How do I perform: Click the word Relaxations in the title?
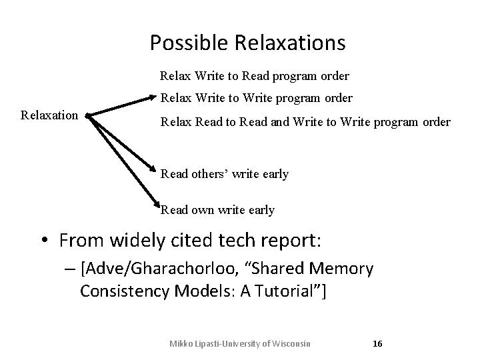(x=290, y=43)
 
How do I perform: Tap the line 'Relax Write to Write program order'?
(x=256, y=98)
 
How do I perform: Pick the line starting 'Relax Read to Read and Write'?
(x=305, y=122)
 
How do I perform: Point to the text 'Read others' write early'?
(x=224, y=174)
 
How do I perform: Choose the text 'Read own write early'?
(x=217, y=210)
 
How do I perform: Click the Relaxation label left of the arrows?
(x=49, y=115)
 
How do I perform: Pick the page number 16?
(x=377, y=343)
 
